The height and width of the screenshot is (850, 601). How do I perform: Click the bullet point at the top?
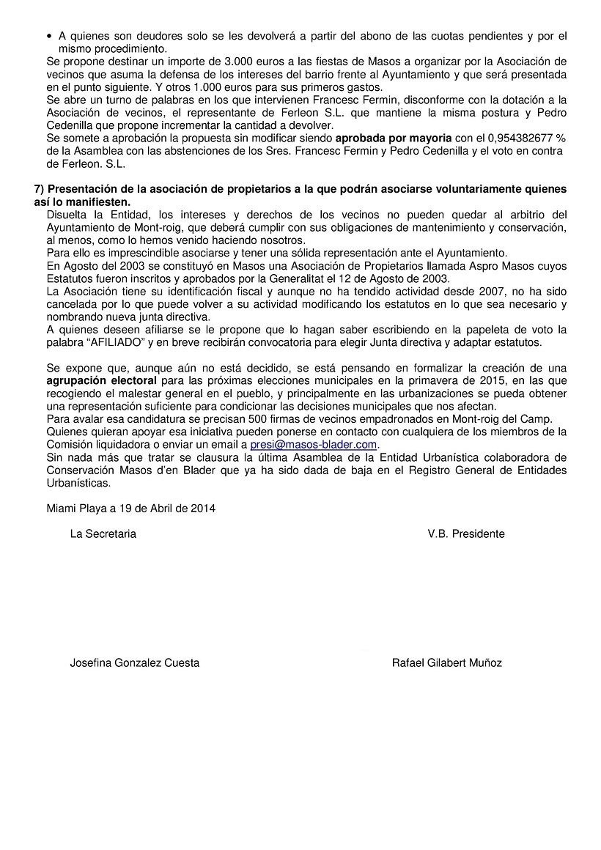tap(49, 35)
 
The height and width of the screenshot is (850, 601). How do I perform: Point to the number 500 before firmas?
tap(232, 418)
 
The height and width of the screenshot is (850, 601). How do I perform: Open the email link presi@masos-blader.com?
tap(314, 444)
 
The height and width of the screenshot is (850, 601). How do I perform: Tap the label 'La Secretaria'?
tap(103, 533)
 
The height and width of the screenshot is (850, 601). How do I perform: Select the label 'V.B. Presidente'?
tap(466, 533)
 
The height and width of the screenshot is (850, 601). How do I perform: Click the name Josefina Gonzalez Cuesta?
tap(134, 662)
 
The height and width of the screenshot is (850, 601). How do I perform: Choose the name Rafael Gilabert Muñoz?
tap(447, 662)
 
